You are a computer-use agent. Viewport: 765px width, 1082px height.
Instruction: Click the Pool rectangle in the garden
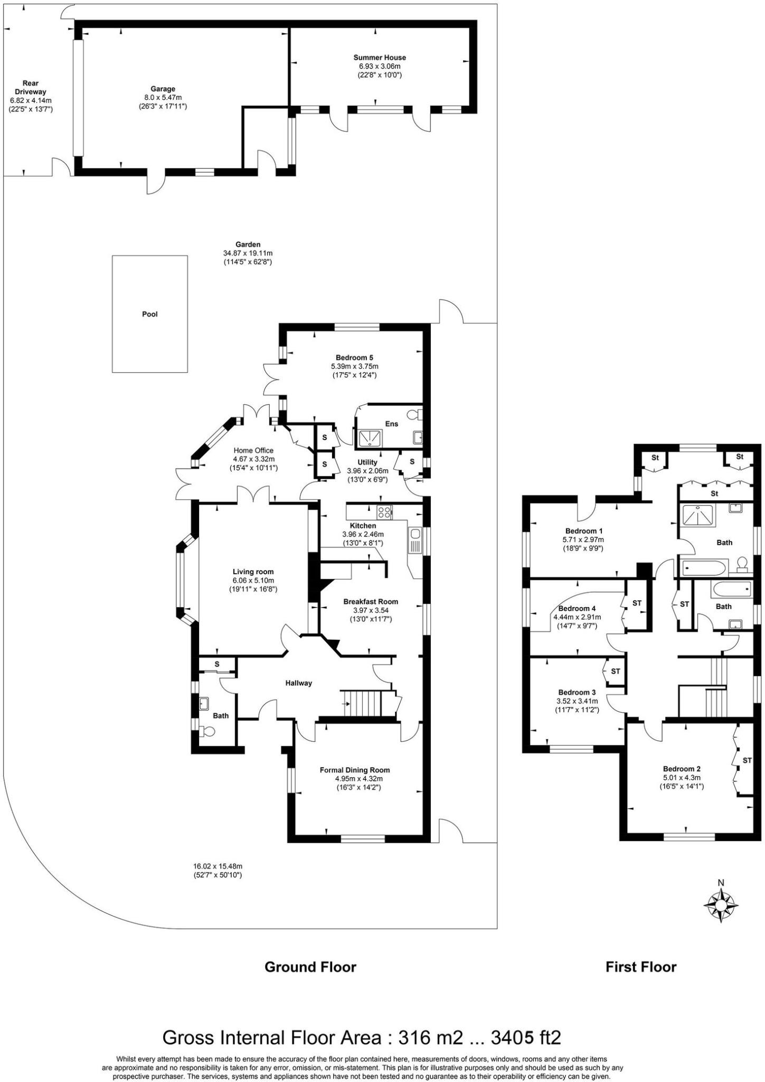pos(150,314)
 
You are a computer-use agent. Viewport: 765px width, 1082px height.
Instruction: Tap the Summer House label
pos(380,58)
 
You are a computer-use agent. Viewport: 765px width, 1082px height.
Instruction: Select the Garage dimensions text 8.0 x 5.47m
pos(162,98)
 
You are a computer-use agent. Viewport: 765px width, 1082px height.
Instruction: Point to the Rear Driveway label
pos(31,87)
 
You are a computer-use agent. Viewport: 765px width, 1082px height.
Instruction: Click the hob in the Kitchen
pos(384,511)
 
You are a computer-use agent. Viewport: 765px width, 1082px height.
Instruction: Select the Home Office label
pos(253,450)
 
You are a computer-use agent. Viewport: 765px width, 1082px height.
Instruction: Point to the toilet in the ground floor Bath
pos(208,732)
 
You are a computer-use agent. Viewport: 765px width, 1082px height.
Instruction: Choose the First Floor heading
pos(640,967)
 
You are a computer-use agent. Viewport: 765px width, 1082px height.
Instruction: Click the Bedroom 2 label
pos(682,769)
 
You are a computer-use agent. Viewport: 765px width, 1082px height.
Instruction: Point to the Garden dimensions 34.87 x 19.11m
pos(248,253)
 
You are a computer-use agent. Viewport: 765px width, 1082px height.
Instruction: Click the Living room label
pos(253,572)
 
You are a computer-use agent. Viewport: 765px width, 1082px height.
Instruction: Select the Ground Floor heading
pos(310,967)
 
